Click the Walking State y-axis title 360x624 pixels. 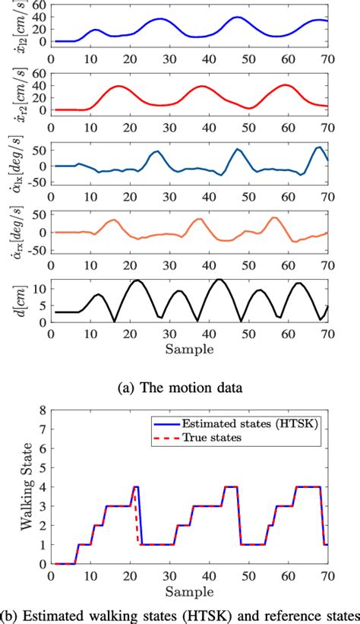pyautogui.click(x=17, y=486)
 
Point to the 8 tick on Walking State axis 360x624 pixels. pyautogui.click(x=42, y=411)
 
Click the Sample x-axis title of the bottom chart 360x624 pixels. pyautogui.click(x=188, y=591)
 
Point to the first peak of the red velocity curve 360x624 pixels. pyautogui.click(x=118, y=86)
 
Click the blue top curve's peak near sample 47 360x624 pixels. pyautogui.click(x=237, y=17)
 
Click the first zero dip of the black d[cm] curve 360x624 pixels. pyautogui.click(x=115, y=322)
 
